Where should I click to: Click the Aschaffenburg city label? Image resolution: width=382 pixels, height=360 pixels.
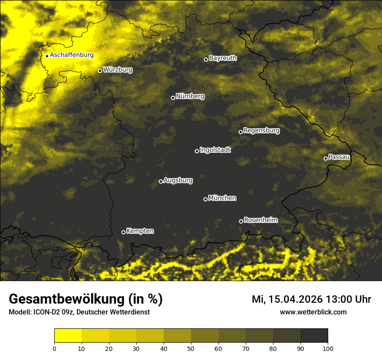coord(72,55)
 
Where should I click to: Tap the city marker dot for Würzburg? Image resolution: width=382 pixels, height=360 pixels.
coord(100,71)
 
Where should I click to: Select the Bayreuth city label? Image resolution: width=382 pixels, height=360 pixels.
coord(223,58)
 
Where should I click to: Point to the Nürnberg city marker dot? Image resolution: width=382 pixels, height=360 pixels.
coord(173,98)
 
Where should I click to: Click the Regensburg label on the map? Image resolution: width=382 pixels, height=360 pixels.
coord(261,130)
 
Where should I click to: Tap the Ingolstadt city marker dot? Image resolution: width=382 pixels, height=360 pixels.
coord(197,151)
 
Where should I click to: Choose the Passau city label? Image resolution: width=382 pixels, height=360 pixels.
coord(339,157)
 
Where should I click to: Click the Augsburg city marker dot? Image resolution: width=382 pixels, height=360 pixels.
coord(161,181)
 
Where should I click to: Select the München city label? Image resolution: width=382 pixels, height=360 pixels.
coord(222,198)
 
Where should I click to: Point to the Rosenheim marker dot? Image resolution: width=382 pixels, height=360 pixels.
coord(241,221)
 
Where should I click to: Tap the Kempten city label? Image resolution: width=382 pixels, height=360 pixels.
coord(140,231)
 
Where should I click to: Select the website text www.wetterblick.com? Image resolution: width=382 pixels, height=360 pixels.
coord(313,312)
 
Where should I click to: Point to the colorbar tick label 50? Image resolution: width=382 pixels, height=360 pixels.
coord(191,348)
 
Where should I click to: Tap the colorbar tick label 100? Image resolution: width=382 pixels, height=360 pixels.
coord(328,348)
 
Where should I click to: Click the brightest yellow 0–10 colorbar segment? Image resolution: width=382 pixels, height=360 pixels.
coord(68,335)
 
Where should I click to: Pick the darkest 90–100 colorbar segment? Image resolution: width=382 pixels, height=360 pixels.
coord(314,335)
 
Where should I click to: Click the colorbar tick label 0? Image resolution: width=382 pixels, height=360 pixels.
coord(54,348)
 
